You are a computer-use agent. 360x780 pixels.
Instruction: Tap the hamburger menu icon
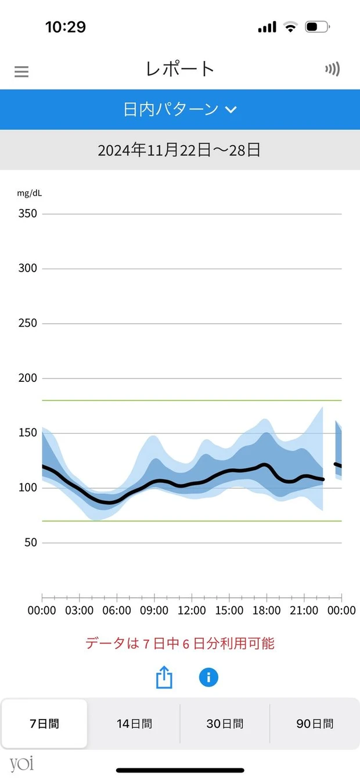coord(21,71)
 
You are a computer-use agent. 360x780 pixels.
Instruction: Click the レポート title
coord(180,69)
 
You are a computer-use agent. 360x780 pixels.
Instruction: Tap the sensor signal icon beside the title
coord(332,70)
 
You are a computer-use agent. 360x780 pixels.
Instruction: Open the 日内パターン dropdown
coord(180,109)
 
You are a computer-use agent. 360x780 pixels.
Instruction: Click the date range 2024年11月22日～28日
coord(179,150)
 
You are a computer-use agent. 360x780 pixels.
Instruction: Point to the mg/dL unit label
coord(29,193)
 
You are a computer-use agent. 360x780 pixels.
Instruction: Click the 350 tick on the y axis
coord(27,214)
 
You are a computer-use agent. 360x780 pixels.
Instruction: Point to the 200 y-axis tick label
coord(27,378)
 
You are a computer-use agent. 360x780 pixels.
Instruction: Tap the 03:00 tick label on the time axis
coord(80,611)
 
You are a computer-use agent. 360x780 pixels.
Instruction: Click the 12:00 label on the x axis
coord(192,611)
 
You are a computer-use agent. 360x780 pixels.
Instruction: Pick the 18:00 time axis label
coord(267,611)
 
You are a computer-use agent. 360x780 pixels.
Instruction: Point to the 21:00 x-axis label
coord(304,611)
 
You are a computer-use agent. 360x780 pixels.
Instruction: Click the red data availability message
coord(180,643)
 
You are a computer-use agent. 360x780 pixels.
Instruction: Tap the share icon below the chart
coord(164,677)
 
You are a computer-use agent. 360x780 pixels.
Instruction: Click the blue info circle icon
coord(208,677)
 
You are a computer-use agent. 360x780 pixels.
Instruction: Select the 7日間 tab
coord(45,724)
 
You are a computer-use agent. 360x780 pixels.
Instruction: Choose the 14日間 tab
coord(134,724)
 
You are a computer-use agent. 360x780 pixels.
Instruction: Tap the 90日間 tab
coord(315,724)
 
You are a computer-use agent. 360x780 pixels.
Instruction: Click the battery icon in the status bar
coord(317,27)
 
